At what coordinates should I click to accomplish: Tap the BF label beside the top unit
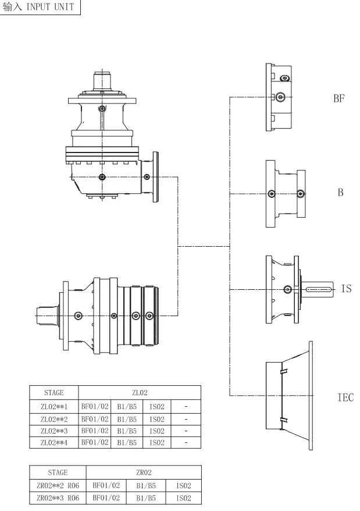pyautogui.click(x=339, y=98)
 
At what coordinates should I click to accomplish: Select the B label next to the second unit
pyautogui.click(x=341, y=192)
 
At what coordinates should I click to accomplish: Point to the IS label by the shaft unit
pyautogui.click(x=346, y=288)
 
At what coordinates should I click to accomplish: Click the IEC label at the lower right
pyautogui.click(x=345, y=398)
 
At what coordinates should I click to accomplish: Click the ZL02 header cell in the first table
pyautogui.click(x=140, y=393)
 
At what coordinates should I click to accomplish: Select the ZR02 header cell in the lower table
pyautogui.click(x=142, y=473)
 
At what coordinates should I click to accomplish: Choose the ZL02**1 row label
pyautogui.click(x=54, y=406)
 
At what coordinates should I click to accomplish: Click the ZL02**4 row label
pyautogui.click(x=54, y=442)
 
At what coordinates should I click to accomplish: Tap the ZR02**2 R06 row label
pyautogui.click(x=58, y=485)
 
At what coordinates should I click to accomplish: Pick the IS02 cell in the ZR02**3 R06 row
pyautogui.click(x=183, y=498)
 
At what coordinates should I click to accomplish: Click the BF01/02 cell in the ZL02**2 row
pyautogui.click(x=94, y=418)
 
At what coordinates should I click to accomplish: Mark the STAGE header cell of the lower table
pyautogui.click(x=58, y=473)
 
